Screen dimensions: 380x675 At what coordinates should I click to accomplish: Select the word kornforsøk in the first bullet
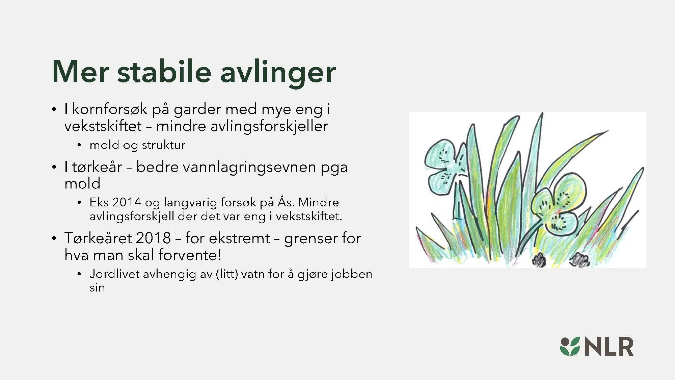point(110,109)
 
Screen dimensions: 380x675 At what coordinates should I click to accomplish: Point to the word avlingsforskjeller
point(269,126)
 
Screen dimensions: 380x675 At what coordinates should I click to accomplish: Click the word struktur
point(163,145)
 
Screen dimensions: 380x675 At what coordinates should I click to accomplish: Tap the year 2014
point(126,202)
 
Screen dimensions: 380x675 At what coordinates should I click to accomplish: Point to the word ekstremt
point(239,238)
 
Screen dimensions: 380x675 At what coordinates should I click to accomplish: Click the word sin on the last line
point(97,288)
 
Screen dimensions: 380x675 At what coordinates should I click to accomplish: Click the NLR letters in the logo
point(609,347)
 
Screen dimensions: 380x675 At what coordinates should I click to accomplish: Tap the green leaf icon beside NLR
point(570,347)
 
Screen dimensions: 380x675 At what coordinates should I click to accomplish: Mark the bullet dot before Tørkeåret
point(54,238)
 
